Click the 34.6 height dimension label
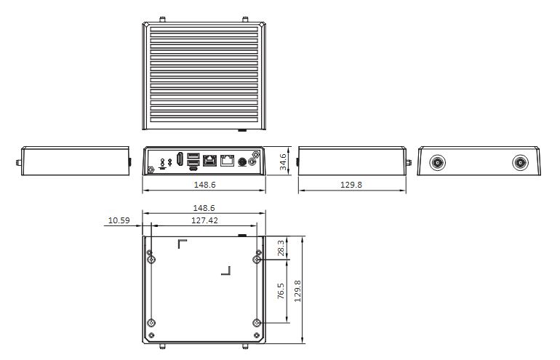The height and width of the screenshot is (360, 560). coord(282,161)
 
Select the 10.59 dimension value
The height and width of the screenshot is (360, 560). coord(119,220)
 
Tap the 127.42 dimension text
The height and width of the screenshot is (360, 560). coord(204,220)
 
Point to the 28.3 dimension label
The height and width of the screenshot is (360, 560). coord(281,248)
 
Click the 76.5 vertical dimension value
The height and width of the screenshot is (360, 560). coord(281,291)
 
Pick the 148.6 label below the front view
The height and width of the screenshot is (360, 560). coord(204,185)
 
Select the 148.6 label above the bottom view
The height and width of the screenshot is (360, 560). coord(204,208)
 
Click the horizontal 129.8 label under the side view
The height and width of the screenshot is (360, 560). coord(351,185)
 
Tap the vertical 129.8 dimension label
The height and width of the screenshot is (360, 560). coord(297,291)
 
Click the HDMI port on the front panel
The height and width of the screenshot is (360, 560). coord(180,159)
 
